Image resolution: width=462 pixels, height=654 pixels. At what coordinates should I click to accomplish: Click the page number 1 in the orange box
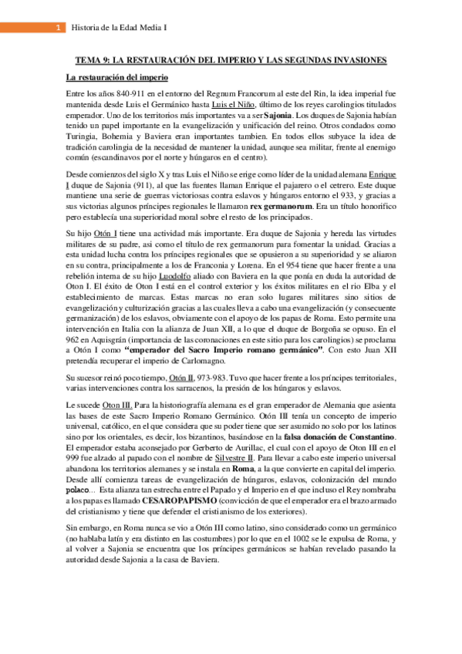click(59, 29)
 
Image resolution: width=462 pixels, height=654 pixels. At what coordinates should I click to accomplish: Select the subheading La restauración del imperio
click(117, 78)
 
